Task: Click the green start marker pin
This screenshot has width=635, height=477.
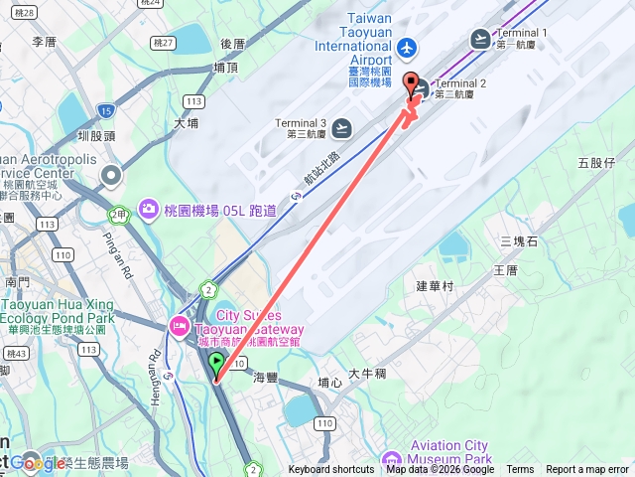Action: click(x=217, y=365)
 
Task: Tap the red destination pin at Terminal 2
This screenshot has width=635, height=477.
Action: click(x=412, y=83)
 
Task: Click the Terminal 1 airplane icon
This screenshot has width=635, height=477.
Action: click(x=481, y=39)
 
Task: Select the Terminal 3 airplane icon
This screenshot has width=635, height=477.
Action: click(x=341, y=127)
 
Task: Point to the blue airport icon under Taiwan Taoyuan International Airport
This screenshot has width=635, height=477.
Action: click(x=405, y=47)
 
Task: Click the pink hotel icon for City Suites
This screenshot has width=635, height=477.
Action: click(x=180, y=325)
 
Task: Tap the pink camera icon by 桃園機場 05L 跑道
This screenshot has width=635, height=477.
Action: click(x=149, y=209)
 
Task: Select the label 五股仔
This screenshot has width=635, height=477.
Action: click(x=596, y=162)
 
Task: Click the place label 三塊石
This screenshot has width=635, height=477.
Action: click(x=519, y=241)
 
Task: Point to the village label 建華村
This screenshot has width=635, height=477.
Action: click(x=435, y=285)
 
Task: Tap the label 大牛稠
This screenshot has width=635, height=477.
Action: click(x=366, y=375)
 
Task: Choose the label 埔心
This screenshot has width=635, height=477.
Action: click(x=329, y=382)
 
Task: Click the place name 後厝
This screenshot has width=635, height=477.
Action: click(x=232, y=44)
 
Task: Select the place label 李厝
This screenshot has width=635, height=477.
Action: click(x=45, y=42)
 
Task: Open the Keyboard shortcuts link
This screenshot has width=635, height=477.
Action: click(x=331, y=470)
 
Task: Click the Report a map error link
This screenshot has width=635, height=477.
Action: click(x=587, y=470)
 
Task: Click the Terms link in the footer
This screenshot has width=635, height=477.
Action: click(x=520, y=470)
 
